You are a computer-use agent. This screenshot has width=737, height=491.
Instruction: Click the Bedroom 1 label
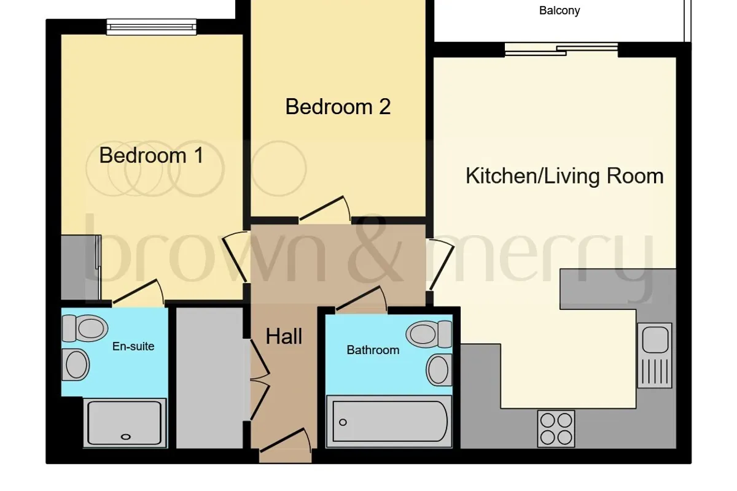pos(151,155)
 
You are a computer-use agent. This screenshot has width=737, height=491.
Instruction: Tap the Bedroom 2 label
pos(338,107)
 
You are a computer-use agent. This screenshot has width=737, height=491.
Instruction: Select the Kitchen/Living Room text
pos(564,176)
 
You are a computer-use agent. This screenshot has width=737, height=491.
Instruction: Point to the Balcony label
pos(560,10)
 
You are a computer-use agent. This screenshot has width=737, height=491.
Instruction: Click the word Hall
pos(284,336)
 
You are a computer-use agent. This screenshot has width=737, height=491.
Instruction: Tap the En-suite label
pos(133,346)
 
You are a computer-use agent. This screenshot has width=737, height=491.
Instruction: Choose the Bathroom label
pos(373,350)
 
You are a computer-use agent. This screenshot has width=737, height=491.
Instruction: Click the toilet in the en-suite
pos(85,328)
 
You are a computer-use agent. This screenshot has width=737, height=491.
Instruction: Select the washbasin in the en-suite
pos(76,365)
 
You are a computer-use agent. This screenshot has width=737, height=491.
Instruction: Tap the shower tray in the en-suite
pos(125,423)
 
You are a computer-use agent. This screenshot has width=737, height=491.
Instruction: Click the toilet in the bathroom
pos(429,334)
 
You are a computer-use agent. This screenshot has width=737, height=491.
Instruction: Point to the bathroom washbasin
pos(439,370)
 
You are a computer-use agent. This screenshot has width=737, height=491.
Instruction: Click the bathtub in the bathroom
pos(389,422)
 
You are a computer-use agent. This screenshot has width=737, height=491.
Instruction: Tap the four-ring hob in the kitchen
pos(556,429)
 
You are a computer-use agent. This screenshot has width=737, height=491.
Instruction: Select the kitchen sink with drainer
pos(655,355)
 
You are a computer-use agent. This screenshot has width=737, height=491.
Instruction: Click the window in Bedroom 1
pos(151,26)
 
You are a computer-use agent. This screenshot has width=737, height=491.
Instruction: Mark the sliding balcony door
pos(561,50)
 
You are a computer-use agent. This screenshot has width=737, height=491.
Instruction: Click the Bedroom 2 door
pos(324,209)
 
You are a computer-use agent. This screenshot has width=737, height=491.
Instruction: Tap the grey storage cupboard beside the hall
pos(209,378)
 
